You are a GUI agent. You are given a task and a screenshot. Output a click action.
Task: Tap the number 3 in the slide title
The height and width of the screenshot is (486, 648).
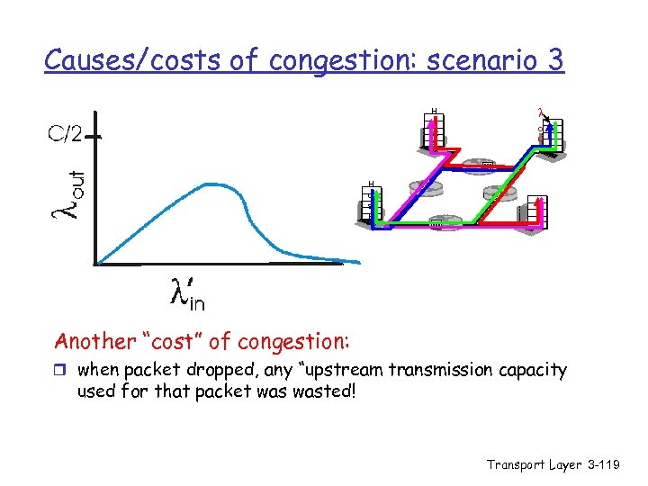pyautogui.click(x=554, y=60)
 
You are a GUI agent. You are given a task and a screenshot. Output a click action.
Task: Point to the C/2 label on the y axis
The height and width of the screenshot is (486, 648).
pyautogui.click(x=65, y=135)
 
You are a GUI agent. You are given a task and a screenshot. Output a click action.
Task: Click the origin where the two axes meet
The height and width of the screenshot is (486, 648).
pyautogui.click(x=95, y=263)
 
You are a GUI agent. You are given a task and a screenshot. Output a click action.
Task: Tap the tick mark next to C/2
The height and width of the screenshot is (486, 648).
pyautogui.click(x=94, y=137)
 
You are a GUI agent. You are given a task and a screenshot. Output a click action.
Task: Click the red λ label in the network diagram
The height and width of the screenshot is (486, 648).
pyautogui.click(x=540, y=113)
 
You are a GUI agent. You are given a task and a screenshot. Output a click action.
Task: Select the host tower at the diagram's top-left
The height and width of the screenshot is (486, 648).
pyautogui.click(x=433, y=130)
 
